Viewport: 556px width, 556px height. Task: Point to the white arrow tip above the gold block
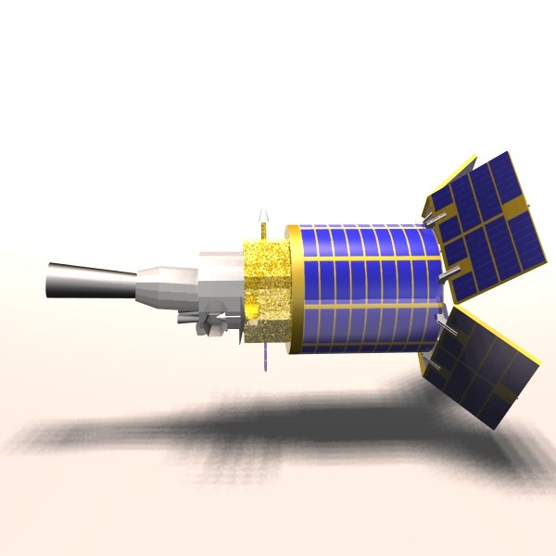point(263,215)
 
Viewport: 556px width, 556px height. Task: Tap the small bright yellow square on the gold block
point(253,306)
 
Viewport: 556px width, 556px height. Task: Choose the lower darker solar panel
point(482,366)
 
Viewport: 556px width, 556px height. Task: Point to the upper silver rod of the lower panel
point(444,326)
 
